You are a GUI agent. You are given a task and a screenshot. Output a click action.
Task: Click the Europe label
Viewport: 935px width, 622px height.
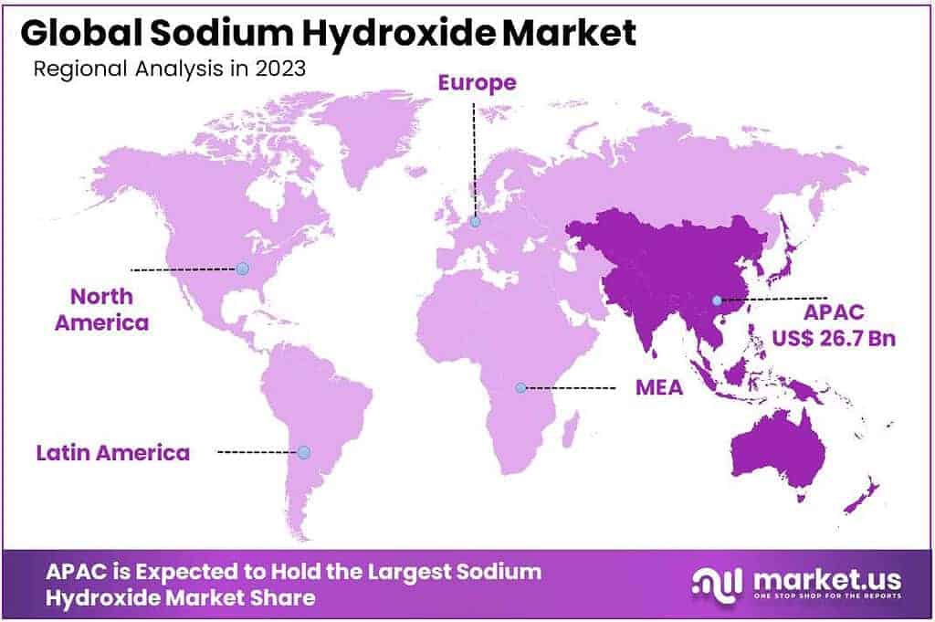[477, 83]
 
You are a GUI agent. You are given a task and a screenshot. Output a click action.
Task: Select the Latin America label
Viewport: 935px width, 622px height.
[113, 452]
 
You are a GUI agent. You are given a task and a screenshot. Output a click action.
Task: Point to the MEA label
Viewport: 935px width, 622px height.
[659, 387]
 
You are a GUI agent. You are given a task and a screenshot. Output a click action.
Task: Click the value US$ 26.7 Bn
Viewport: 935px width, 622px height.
[834, 339]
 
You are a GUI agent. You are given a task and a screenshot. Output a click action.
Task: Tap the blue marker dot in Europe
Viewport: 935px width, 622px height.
[475, 221]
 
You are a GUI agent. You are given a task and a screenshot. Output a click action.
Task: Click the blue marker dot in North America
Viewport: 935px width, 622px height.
[242, 269]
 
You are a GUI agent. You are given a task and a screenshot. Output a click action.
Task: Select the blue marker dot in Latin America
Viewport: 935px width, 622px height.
[304, 452]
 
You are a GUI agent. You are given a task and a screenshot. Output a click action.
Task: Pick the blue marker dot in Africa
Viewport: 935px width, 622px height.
[520, 387]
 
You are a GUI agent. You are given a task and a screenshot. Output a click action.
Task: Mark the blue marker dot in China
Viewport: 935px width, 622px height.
[717, 300]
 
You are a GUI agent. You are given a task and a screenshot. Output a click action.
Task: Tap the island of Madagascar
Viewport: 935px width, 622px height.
[571, 427]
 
